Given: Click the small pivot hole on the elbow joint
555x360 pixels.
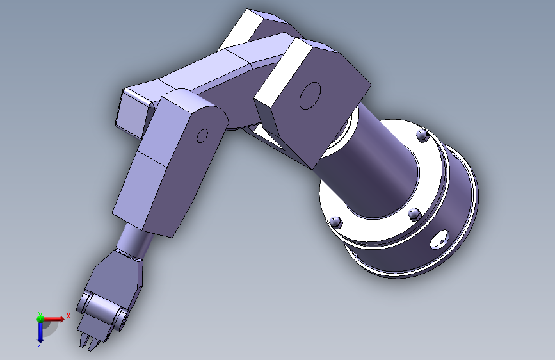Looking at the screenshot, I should coord(202,135).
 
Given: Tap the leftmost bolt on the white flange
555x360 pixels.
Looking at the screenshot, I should coord(335,222).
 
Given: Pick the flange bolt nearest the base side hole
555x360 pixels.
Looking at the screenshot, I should coord(413,213).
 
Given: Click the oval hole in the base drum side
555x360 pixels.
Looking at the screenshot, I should coord(440,240).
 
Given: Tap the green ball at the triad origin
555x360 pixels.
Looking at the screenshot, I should coord(40,318).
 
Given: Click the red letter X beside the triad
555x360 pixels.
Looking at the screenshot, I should coord(68,316).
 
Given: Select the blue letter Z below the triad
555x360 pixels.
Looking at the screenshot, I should coord(40,344).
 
